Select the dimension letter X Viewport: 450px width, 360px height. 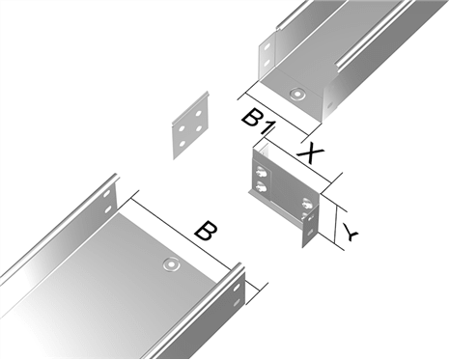309,152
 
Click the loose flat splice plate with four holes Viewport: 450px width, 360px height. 191,125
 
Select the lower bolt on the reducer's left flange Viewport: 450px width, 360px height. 260,188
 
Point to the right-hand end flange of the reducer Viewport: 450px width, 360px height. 310,222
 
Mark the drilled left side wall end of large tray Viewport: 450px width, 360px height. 107,202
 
